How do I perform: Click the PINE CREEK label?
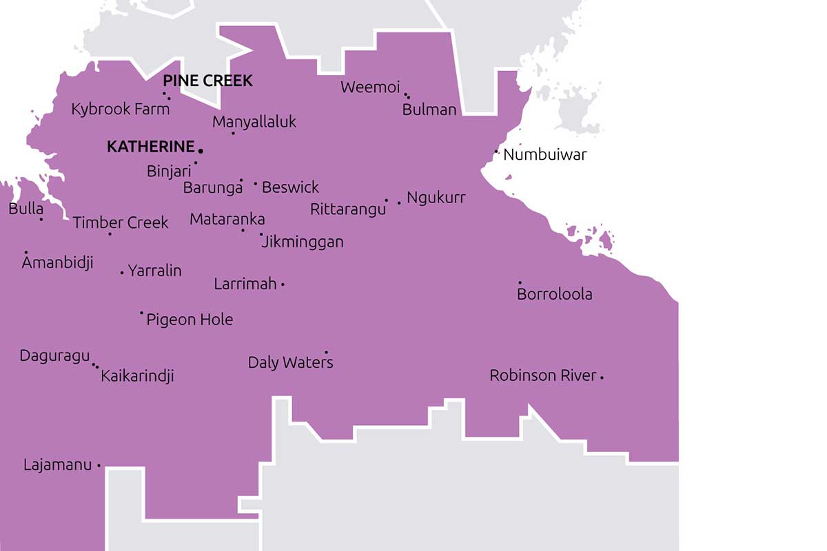[x=207, y=81]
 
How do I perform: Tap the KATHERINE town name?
[x=151, y=147]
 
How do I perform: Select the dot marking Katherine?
[x=201, y=150]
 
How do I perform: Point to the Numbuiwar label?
[x=545, y=154]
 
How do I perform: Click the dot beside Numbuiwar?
[x=496, y=152]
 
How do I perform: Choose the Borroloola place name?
[x=555, y=294]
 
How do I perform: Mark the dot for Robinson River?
[x=602, y=377]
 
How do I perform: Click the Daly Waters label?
[x=290, y=362]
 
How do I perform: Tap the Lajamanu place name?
[x=57, y=465]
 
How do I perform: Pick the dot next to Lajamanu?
[x=99, y=466]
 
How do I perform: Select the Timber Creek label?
[x=121, y=222]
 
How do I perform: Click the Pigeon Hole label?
[x=190, y=320]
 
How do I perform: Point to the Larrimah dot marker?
[x=283, y=284]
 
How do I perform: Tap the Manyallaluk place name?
[x=254, y=122]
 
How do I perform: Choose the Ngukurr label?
[x=436, y=198]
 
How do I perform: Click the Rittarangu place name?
[x=348, y=209]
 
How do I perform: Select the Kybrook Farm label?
[x=121, y=110]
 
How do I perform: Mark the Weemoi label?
[x=370, y=87]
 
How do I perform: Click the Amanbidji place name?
[x=57, y=262]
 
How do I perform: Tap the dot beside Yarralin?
[x=122, y=273]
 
